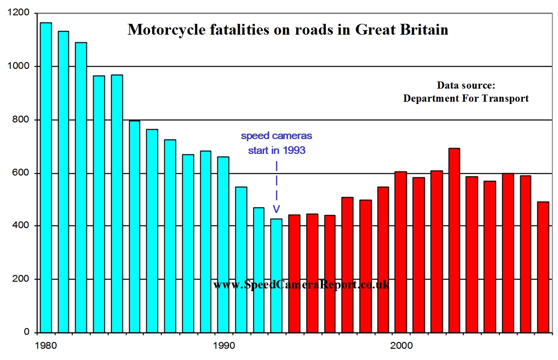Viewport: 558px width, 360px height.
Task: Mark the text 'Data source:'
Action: pos(466,85)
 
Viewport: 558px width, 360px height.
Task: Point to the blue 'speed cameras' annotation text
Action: pos(276,135)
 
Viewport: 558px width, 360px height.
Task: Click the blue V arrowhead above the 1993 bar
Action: pos(277,209)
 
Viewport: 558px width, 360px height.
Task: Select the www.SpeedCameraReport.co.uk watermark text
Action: pos(301,284)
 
